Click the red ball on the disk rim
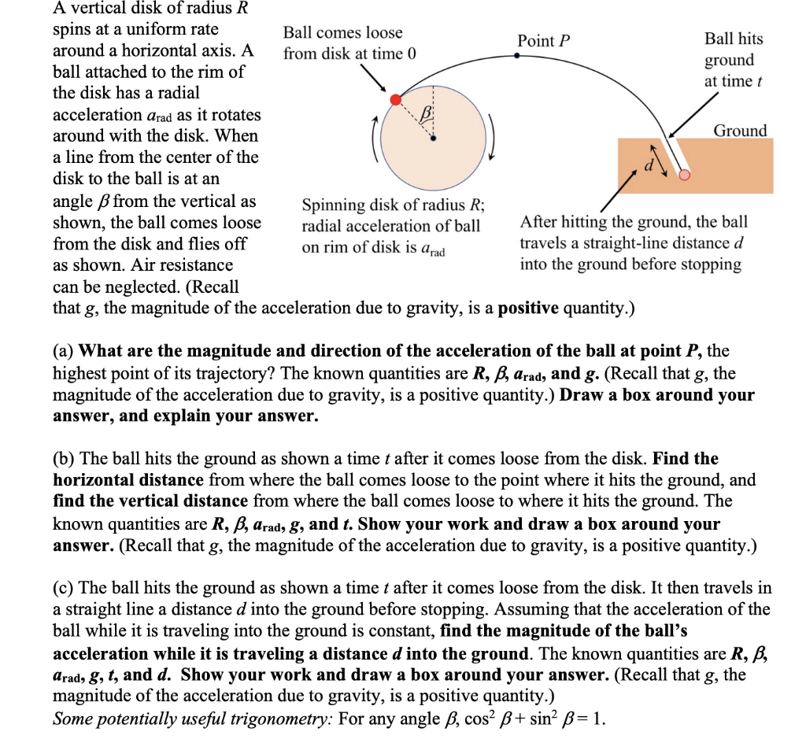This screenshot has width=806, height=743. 397,99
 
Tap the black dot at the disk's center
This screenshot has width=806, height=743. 433,138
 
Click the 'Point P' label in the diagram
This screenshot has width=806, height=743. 544,41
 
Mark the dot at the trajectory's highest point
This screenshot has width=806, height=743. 516,55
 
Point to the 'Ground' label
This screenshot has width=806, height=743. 740,131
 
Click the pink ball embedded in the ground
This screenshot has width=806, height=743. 685,175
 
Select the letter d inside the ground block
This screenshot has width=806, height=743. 650,166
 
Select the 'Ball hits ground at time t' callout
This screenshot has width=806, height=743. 733,60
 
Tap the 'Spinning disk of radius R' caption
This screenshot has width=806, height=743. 394,205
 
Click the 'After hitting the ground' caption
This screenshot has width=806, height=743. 634,222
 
